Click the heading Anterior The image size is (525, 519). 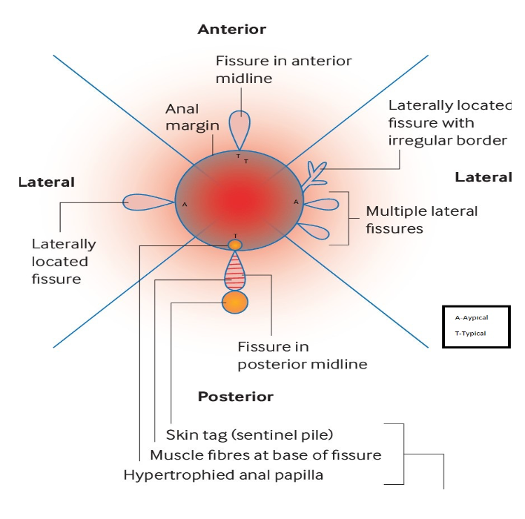pyautogui.click(x=231, y=30)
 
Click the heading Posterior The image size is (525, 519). pyautogui.click(x=235, y=397)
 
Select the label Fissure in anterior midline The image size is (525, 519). pyautogui.click(x=283, y=69)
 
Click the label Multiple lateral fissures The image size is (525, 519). pyautogui.click(x=421, y=220)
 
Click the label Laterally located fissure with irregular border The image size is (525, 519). pyautogui.click(x=448, y=122)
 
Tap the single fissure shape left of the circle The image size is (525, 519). pyautogui.click(x=146, y=202)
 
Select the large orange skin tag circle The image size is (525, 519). pyautogui.click(x=235, y=303)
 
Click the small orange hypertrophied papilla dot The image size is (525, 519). pyautogui.click(x=234, y=244)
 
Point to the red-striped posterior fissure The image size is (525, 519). pyautogui.click(x=235, y=271)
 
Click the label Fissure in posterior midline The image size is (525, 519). pyautogui.click(x=302, y=355)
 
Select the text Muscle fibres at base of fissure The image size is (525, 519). pyautogui.click(x=265, y=454)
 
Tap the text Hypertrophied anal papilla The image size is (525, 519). pyautogui.click(x=223, y=475)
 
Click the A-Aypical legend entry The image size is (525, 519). pyautogui.click(x=471, y=317)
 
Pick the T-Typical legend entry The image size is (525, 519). pyautogui.click(x=470, y=334)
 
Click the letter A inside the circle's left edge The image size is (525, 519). pyautogui.click(x=184, y=203)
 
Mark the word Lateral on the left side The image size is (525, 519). pyautogui.click(x=46, y=182)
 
